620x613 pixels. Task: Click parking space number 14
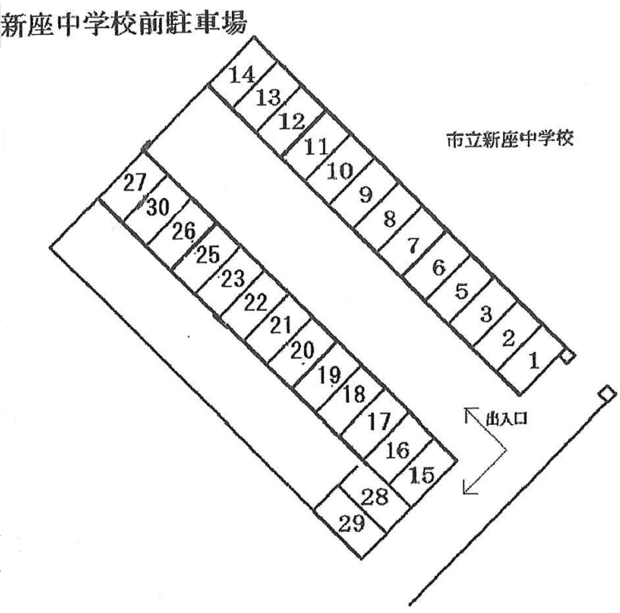coord(241,76)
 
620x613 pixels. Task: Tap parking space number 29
coord(351,523)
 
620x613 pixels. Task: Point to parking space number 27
coord(133,183)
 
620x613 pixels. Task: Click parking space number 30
coord(157,207)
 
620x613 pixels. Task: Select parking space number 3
coord(487,313)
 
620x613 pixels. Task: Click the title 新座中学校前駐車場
coord(124,24)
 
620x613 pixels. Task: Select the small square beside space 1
coord(567,358)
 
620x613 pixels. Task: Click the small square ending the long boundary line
coord(608,393)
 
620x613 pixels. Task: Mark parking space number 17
coord(378,421)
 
